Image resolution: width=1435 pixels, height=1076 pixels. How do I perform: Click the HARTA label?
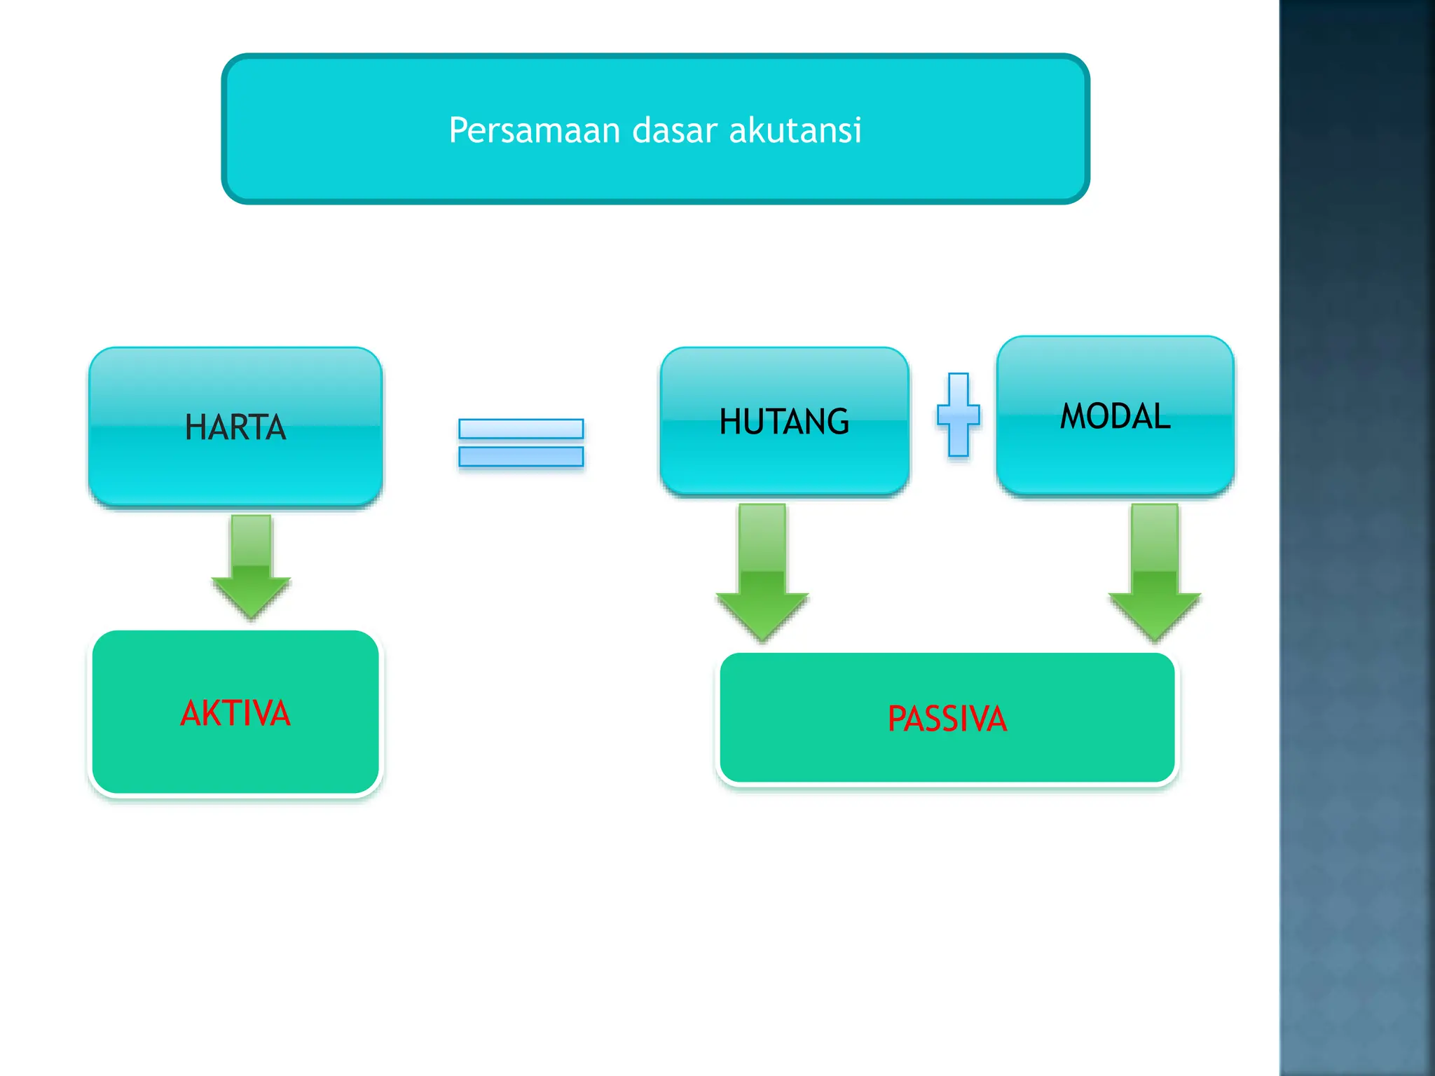tap(235, 427)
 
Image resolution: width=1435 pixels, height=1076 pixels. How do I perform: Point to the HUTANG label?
tap(784, 422)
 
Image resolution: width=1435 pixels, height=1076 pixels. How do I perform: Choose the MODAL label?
tap(1115, 416)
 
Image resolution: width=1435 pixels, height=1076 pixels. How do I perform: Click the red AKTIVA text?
tap(235, 714)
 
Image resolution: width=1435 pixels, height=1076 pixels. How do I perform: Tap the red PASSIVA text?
tap(947, 719)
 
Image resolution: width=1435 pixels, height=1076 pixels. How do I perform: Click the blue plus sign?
tap(959, 415)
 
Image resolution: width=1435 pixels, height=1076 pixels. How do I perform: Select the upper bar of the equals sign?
tap(521, 429)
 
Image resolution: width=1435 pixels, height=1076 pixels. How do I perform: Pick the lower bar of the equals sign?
tap(521, 457)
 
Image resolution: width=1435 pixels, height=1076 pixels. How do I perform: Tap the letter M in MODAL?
tap(1074, 416)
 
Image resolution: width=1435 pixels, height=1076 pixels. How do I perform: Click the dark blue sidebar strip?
tap(1357, 538)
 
